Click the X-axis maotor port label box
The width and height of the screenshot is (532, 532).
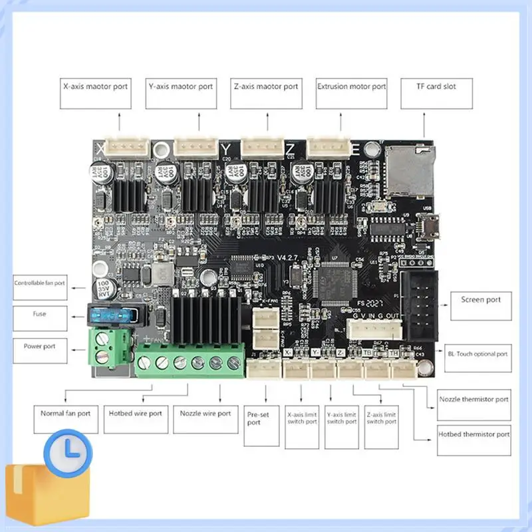pos(94,94)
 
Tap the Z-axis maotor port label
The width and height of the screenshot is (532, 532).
pos(265,94)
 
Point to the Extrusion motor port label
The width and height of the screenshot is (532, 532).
pos(351,94)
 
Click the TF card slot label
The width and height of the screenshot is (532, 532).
pos(436,94)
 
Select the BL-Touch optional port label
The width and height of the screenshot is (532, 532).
pos(478,354)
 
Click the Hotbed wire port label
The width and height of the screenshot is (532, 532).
pos(135,418)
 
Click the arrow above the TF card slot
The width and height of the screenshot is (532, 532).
pos(426,125)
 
